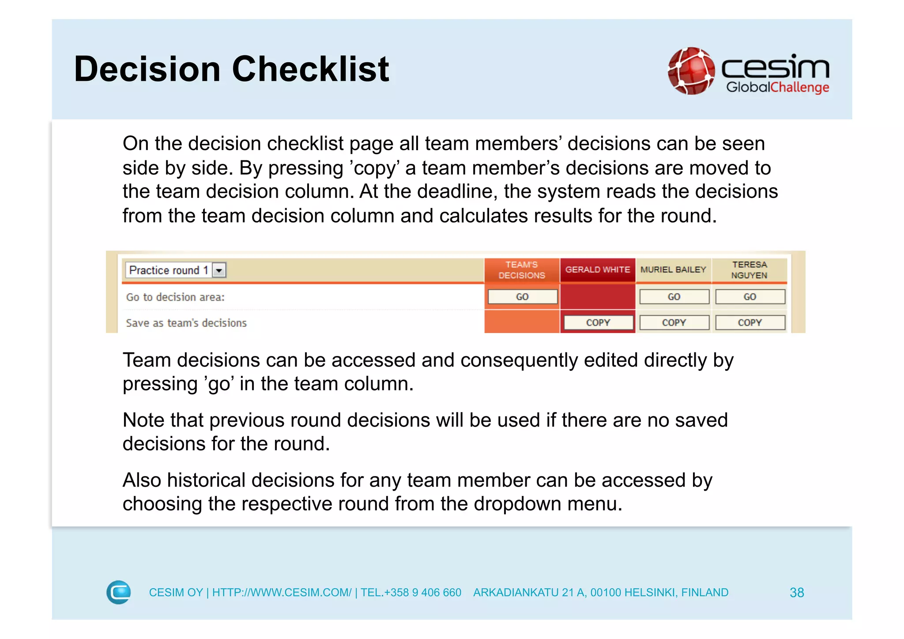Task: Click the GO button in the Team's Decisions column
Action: coord(522,297)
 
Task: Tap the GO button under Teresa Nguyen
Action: coord(750,297)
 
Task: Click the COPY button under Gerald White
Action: coord(598,322)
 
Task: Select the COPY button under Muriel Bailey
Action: coord(674,322)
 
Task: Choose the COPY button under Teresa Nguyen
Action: coord(750,322)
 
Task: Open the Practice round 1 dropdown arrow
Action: coord(219,270)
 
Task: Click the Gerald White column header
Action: coord(598,269)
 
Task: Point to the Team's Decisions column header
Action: coord(522,270)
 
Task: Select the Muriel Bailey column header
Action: coord(673,269)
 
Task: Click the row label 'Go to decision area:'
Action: coord(175,297)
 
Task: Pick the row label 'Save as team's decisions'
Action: coord(186,323)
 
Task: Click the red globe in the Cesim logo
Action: coord(691,71)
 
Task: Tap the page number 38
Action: coord(797,593)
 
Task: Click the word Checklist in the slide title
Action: coord(310,69)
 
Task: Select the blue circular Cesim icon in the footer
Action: coord(119,592)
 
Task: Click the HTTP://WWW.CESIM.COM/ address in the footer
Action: coord(282,593)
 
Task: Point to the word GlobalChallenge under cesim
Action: coord(777,87)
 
